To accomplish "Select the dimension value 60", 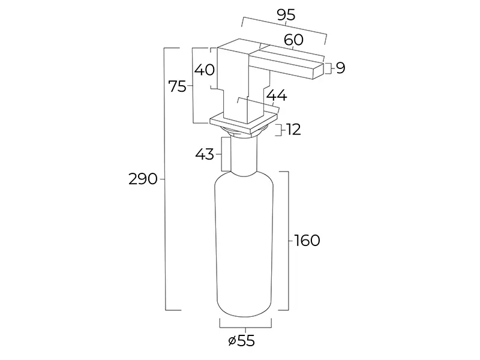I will tap(293, 40).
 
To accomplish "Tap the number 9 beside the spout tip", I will tap(340, 68).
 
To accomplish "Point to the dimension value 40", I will tap(205, 70).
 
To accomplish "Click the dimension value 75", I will tap(178, 86).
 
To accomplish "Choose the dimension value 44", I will tap(276, 95).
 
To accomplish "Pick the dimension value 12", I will tap(293, 129).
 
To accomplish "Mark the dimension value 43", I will tap(205, 154).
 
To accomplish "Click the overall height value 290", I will tap(143, 179).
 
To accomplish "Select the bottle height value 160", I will tap(307, 241).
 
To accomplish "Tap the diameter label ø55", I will tap(242, 341).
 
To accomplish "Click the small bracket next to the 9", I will tap(327, 68).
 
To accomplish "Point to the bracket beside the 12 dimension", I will tap(278, 130).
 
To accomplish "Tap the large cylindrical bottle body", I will tap(245, 246).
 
